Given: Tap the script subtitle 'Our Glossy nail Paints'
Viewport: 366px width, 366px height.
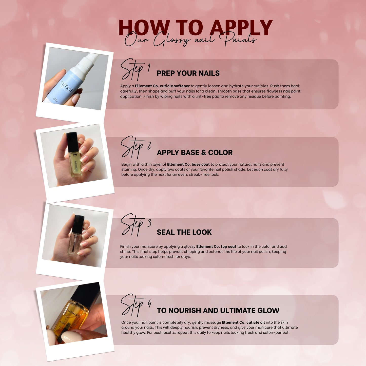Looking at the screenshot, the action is (191, 40).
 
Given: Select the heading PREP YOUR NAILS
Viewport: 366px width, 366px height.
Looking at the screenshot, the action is (188, 73).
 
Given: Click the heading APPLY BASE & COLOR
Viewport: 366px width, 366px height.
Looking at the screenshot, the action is (195, 152).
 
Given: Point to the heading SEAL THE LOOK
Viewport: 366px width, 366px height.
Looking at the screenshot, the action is (184, 232).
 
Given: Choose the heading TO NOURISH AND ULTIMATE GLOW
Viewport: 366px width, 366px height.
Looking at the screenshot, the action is (218, 310).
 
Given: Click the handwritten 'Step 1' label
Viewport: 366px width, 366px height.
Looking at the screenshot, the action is (135, 69).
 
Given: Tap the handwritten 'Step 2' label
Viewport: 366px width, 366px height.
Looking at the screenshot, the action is (136, 147).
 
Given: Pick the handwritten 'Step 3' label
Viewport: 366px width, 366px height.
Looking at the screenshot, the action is (136, 225).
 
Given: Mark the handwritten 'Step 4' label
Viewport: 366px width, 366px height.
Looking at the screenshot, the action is (136, 305).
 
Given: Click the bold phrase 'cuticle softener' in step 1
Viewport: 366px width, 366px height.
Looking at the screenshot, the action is (175, 86).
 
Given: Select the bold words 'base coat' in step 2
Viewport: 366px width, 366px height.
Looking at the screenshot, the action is (201, 164).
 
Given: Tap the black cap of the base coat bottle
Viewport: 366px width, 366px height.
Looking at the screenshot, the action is (72, 142).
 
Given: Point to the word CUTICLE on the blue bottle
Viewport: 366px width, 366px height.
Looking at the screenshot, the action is (67, 87).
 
